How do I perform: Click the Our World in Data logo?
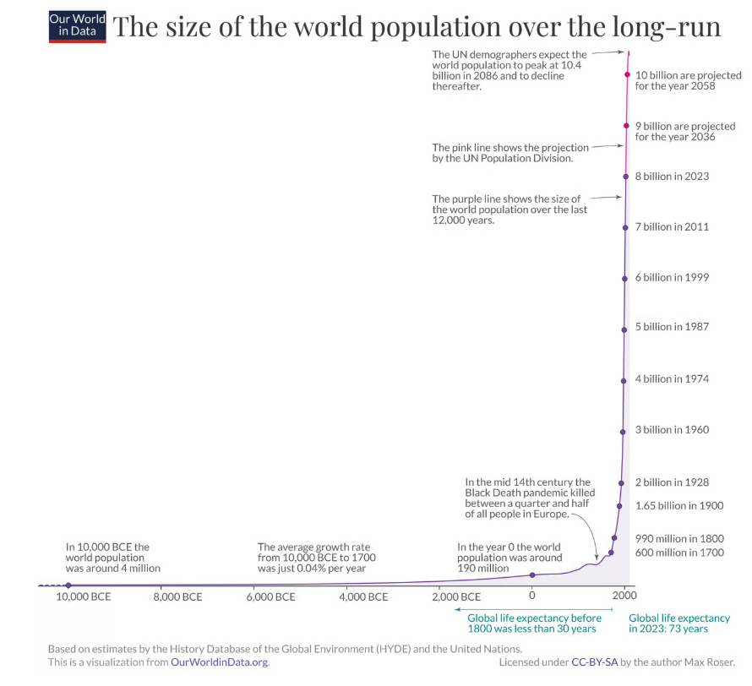pyautogui.click(x=78, y=26)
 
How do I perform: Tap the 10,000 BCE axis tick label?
pyautogui.click(x=83, y=597)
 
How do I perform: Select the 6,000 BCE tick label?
pyautogui.click(x=271, y=597)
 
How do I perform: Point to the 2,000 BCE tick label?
pyautogui.click(x=459, y=597)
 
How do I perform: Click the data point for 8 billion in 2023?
pyautogui.click(x=625, y=177)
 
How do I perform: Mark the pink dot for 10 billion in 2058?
pyautogui.click(x=627, y=74)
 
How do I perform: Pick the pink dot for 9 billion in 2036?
pyautogui.click(x=626, y=126)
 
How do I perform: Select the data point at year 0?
pyautogui.click(x=532, y=574)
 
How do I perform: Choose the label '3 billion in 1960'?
pyautogui.click(x=672, y=430)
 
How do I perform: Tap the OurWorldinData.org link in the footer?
pyautogui.click(x=220, y=662)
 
